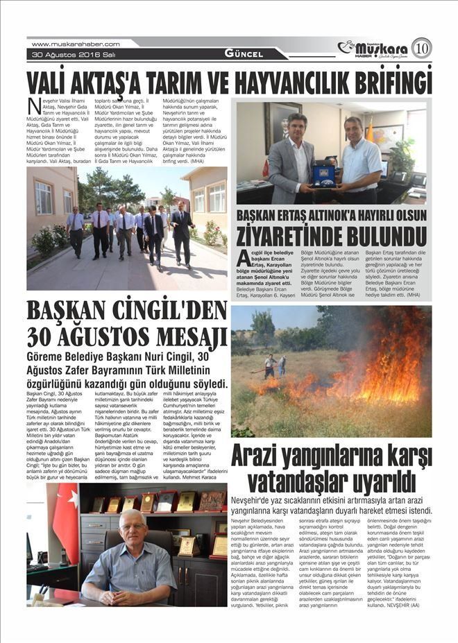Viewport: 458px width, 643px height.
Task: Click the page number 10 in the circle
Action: click(421, 48)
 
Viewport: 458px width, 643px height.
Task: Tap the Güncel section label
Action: click(244, 53)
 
